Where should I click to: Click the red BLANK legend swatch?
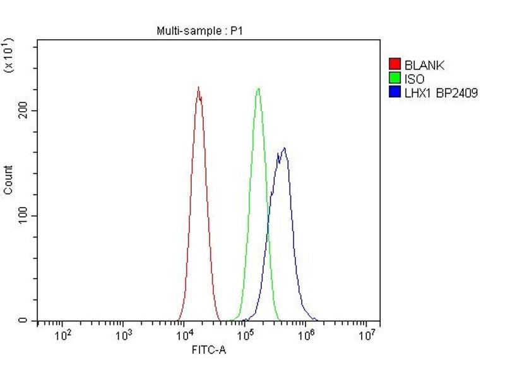pos(395,64)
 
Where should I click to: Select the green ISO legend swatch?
pos(395,79)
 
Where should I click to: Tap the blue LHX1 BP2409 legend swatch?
pos(395,93)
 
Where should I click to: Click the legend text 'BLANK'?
pos(424,64)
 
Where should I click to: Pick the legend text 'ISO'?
pos(414,79)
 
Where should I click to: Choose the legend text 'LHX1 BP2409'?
pos(441,93)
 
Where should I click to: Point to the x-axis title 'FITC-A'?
pos(208,349)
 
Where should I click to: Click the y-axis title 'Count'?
pos(8,179)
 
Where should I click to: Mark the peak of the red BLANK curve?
pos(198,88)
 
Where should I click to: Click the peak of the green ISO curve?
pos(258,88)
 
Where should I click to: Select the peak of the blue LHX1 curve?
pos(285,148)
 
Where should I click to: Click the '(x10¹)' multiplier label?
pos(9,56)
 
